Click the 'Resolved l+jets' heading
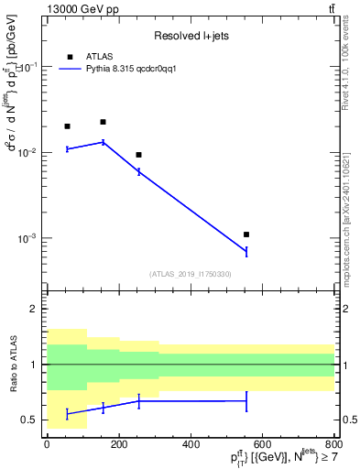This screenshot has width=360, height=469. (191, 36)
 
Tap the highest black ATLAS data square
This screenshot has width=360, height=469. (103, 122)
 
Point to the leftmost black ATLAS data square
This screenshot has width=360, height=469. (67, 126)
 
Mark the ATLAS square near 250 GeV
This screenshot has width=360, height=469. (138, 155)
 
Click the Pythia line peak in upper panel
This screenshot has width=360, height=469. (103, 142)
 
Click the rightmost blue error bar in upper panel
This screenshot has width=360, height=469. (246, 251)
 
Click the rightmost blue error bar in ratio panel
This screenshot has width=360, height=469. (246, 400)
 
